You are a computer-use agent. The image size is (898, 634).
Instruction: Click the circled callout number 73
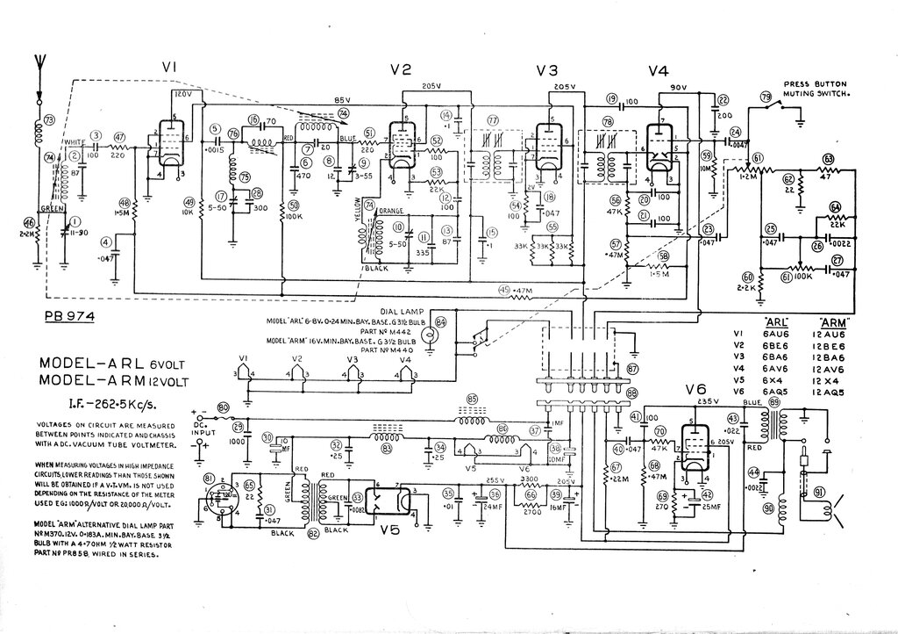click(x=49, y=120)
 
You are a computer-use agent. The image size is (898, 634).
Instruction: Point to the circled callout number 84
click(x=441, y=322)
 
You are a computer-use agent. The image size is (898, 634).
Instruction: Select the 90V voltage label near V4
click(x=677, y=88)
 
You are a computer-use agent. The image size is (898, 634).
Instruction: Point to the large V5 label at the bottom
click(x=393, y=530)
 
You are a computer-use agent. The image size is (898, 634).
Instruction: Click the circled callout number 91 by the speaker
click(x=819, y=492)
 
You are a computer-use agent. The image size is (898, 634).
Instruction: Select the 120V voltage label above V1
click(x=182, y=93)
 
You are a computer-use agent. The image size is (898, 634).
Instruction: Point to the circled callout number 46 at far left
click(x=29, y=222)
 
